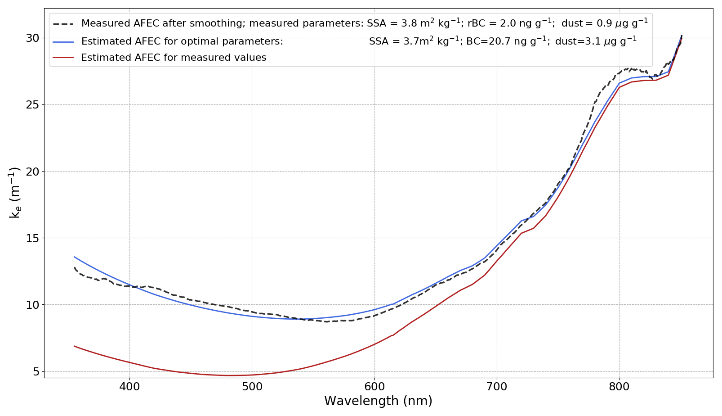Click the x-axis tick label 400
coord(129,386)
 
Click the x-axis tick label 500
coord(252,386)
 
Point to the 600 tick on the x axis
coord(374,386)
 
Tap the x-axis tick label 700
coord(497,386)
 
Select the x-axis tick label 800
coord(619,386)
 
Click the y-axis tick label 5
coord(36,372)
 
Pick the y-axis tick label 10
coord(32,305)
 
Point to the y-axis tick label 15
coord(32,239)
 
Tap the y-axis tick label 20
coord(32,172)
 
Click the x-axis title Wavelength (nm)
coord(378,401)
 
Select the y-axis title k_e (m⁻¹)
coord(15,193)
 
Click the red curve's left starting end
coord(74,346)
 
